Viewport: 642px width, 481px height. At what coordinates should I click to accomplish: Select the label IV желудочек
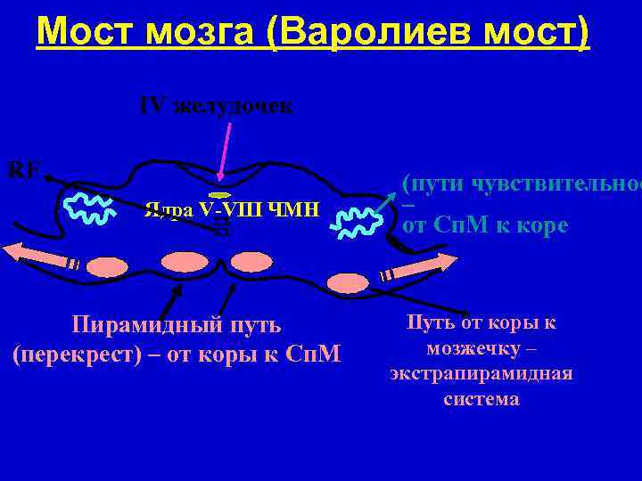[216, 107]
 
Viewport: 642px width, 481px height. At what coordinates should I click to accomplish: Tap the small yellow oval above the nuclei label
[220, 193]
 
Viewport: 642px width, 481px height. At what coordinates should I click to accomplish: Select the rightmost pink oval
[347, 282]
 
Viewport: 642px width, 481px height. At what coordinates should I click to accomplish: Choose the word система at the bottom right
[481, 398]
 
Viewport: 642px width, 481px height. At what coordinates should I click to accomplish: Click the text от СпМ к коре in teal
[485, 225]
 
